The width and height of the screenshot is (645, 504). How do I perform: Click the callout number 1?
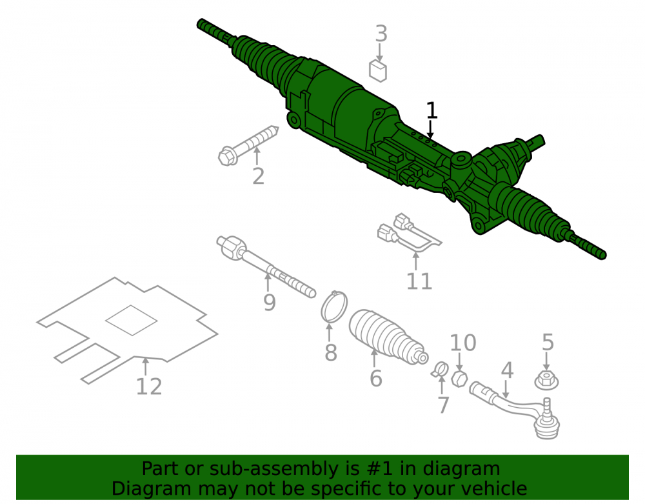pos(431,110)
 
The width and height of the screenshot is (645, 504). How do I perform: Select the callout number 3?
pos(381,34)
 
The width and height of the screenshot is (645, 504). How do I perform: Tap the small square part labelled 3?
pos(378,71)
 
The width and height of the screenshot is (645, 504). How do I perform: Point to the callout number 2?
pos(259,176)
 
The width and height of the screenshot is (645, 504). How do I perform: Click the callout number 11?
pos(419,281)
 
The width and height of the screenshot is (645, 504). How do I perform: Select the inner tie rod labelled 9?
pos(265,266)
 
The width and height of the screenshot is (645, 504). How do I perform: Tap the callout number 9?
pos(269,303)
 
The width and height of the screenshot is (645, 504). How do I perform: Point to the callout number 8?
pos(331,352)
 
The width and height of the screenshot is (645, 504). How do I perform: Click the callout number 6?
pos(375,378)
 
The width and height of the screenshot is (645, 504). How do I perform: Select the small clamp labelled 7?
pos(440,368)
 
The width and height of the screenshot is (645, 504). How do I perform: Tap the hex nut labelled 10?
pos(459,378)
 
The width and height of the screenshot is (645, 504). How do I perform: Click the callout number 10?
pos(463,343)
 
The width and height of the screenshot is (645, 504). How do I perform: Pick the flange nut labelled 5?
pos(546,380)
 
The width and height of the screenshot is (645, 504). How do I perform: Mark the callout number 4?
pos(507,370)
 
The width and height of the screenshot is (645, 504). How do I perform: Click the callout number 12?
pos(149,387)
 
